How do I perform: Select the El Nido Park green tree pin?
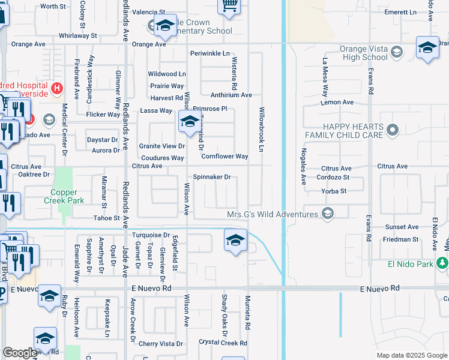[x=442, y=263]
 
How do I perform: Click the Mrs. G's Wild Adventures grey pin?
[x=327, y=214]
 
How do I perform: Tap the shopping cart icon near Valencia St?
[x=229, y=5]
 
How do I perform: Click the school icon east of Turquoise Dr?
[x=235, y=241]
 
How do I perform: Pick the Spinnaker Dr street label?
[x=211, y=177]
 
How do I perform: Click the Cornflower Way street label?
[x=224, y=157]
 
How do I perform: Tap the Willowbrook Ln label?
[x=262, y=129]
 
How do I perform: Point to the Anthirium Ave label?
[x=231, y=95]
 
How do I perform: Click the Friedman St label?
[x=401, y=239]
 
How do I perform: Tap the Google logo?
[x=20, y=353]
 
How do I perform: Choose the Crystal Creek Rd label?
[x=223, y=343]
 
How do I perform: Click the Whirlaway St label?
[x=78, y=35]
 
